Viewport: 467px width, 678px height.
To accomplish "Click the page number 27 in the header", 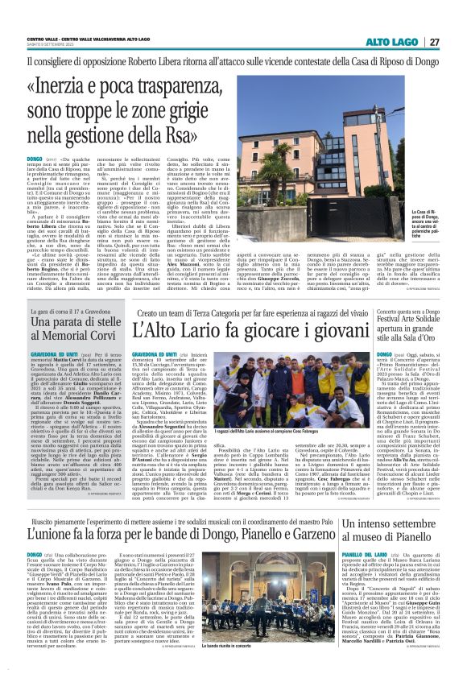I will coord(433,41).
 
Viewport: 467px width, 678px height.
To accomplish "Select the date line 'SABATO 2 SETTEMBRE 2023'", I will coord(56,45).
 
